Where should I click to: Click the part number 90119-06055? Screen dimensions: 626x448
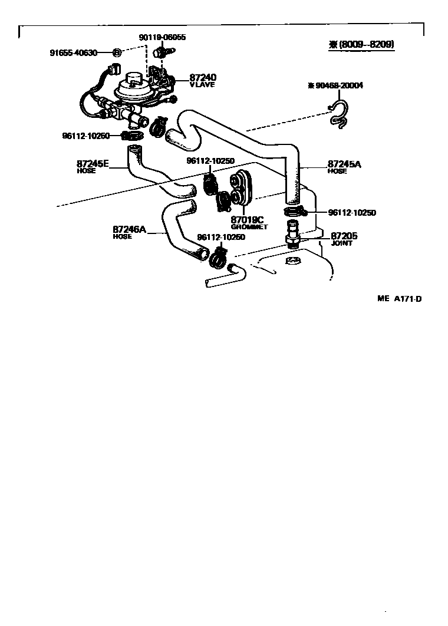pos(162,37)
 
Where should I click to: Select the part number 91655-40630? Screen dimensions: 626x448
pos(73,52)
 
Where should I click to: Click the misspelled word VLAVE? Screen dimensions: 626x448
pos(202,85)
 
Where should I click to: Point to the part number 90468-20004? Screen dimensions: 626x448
pos(335,85)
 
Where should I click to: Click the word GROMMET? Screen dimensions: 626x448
pos(249,227)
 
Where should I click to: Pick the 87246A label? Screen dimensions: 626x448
pos(129,229)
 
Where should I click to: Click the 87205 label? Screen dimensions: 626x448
pos(344,235)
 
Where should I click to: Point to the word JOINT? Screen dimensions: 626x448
pos(341,243)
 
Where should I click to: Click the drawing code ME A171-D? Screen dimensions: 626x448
pos(399,298)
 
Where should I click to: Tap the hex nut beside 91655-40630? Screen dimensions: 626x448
pos(117,52)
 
